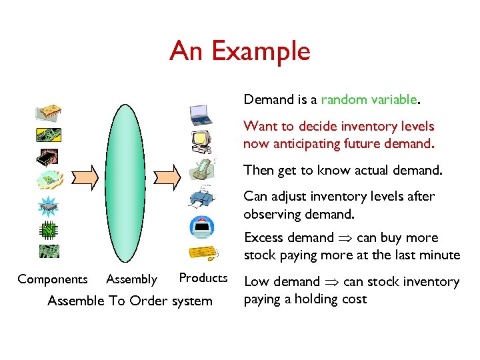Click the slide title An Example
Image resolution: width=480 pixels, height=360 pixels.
(x=240, y=51)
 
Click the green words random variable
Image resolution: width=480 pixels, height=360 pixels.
(x=369, y=100)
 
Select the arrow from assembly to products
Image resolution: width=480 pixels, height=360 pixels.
(x=167, y=175)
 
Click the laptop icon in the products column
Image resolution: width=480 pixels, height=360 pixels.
(x=200, y=115)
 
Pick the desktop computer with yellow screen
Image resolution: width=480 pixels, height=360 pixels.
(x=200, y=141)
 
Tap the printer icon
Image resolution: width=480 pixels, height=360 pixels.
(x=201, y=196)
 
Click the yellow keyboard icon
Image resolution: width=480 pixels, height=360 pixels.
(x=203, y=253)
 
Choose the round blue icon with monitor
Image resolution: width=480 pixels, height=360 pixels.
(x=201, y=227)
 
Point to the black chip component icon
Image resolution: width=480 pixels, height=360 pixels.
(x=48, y=157)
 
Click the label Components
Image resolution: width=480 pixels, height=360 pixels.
(x=52, y=279)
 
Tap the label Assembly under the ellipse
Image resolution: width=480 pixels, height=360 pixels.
(x=131, y=279)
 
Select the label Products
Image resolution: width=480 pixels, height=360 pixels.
(x=203, y=278)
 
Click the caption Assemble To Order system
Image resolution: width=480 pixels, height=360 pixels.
(x=129, y=301)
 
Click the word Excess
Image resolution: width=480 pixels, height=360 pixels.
(x=263, y=238)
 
